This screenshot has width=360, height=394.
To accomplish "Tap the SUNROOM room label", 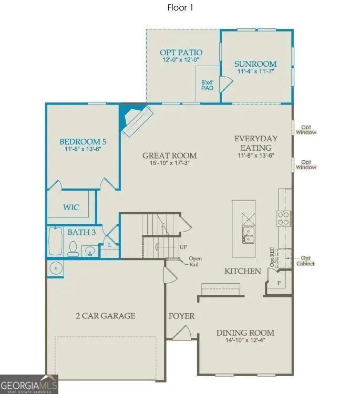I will tap(255, 64).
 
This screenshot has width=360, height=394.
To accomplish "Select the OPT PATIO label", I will tap(181, 53).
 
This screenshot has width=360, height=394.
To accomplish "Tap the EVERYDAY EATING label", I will tap(256, 143).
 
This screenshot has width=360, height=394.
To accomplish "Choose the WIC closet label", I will tap(71, 208).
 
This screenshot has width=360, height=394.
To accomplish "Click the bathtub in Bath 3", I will tap(55, 241).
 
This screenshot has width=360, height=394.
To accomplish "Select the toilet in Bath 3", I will tap(74, 248).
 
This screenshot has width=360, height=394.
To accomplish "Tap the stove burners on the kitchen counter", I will tap(284, 217).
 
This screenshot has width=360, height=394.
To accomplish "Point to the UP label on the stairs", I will tap(183, 247).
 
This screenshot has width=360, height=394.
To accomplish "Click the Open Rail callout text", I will tap(196, 261).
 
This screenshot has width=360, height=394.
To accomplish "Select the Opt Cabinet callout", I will tap(307, 261).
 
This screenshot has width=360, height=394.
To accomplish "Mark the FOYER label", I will tap(181, 316).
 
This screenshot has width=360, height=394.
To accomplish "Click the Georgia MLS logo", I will tap(29, 383).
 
